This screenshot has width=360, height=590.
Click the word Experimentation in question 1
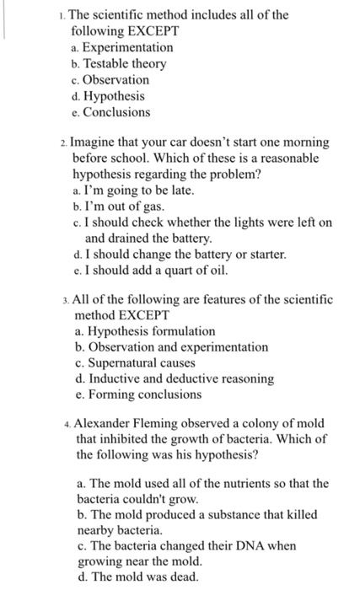coord(128,47)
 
